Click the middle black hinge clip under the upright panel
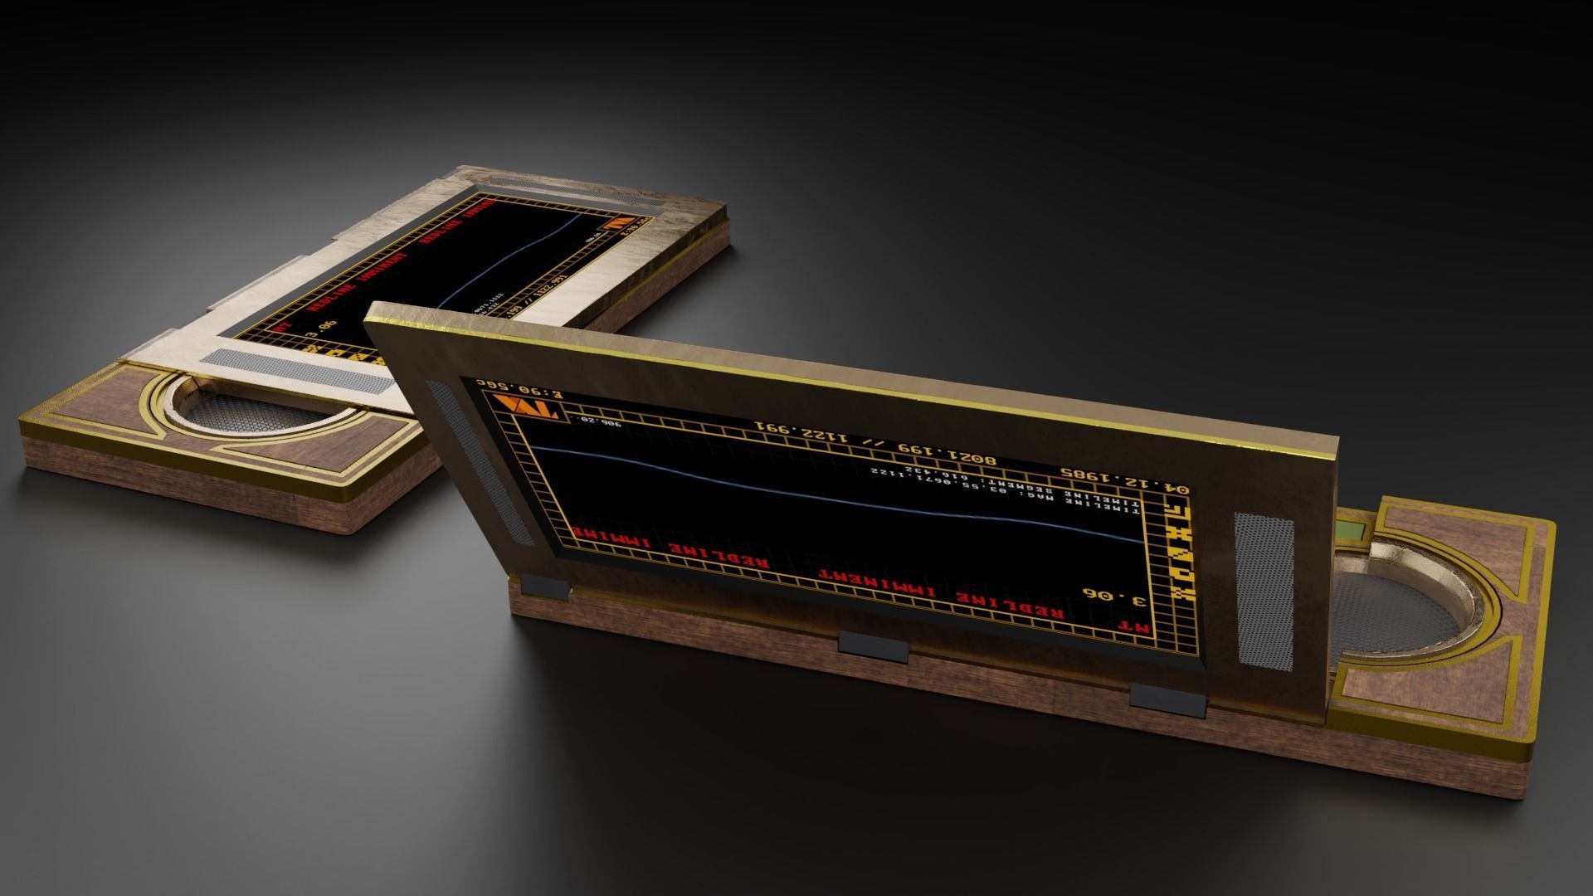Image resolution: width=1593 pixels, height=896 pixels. point(873,645)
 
